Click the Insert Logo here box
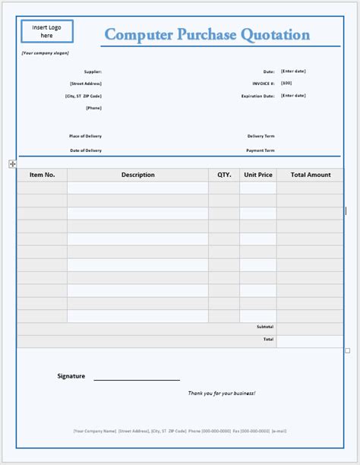coord(47,31)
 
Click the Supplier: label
coord(93,71)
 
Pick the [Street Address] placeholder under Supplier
coord(85,84)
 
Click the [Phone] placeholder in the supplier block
coord(93,108)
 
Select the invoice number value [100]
coord(286,83)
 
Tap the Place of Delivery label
coord(85,136)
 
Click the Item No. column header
coord(42,175)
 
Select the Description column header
coord(137,175)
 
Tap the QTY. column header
coord(224,175)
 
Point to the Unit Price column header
coord(258,175)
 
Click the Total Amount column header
coord(311,175)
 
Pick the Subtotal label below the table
coord(265,327)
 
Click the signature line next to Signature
coord(136,378)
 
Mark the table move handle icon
coord(13,163)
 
